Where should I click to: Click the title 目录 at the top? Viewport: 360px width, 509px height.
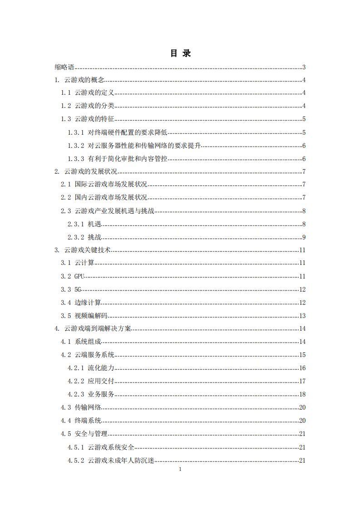tap(180, 54)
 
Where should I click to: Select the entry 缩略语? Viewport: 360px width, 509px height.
tap(64, 68)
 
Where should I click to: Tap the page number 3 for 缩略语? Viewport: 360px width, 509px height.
tap(304, 68)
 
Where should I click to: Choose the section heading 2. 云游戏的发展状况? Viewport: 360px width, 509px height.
tap(86, 171)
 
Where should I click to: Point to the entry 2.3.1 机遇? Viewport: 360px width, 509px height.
tap(84, 224)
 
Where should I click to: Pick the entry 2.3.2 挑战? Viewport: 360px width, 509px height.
tap(84, 237)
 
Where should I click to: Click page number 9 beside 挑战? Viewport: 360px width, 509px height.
tap(304, 237)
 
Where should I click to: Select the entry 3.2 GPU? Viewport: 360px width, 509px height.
tap(73, 276)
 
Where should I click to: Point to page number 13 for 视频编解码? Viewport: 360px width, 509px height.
tap(302, 316)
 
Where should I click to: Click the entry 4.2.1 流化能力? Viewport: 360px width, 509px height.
tap(91, 368)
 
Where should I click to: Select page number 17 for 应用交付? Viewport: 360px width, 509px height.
tap(302, 381)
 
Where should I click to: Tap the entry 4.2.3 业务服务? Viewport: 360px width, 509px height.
tap(91, 394)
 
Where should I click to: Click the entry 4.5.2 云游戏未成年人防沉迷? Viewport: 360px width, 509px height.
tap(111, 460)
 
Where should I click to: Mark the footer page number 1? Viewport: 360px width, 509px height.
tap(180, 469)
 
